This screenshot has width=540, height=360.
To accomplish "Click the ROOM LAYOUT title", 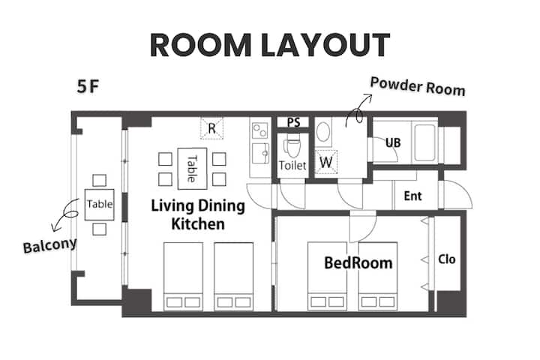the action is tap(270, 45).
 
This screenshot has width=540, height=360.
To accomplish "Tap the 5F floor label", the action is tap(88, 86).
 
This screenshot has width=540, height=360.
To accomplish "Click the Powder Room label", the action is tap(418, 86).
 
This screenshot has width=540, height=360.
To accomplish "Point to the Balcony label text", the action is tap(50, 246).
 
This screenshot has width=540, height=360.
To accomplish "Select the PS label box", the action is tap(293, 122).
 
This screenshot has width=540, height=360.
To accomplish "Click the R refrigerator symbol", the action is tap(211, 128).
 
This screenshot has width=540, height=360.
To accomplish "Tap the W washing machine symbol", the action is tap(325, 162).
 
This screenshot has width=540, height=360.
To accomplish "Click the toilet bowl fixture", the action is tap(292, 145).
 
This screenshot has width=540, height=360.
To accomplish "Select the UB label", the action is tap(393, 142).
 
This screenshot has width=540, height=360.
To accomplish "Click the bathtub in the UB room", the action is tap(425, 142).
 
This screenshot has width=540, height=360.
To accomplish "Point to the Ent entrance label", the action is tap(412, 196).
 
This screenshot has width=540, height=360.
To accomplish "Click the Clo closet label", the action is tap(447, 259).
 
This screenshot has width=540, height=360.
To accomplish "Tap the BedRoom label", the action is tap(358, 262).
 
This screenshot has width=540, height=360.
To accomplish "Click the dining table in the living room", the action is tap(192, 169).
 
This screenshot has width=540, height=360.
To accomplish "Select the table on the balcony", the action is tap(100, 204).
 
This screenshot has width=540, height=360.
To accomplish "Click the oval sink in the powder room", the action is tap(323, 132).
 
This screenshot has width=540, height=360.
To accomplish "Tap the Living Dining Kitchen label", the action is tap(198, 214).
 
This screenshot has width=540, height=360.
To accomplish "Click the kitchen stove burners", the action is tap(259, 130).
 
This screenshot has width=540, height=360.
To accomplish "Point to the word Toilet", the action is tap(292, 166).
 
